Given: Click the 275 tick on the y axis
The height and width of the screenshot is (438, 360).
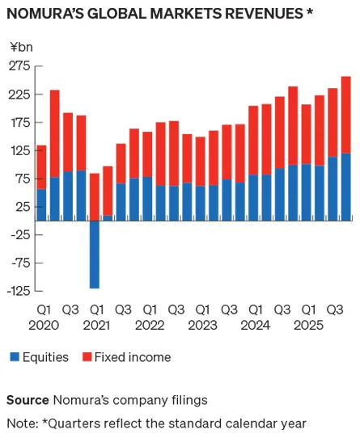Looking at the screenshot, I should pyautogui.click(x=20, y=65).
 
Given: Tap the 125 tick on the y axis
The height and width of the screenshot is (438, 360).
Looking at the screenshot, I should pyautogui.click(x=20, y=150).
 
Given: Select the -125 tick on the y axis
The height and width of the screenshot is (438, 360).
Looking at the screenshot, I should pyautogui.click(x=18, y=291).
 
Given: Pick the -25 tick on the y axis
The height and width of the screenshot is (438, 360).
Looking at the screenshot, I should pyautogui.click(x=19, y=234).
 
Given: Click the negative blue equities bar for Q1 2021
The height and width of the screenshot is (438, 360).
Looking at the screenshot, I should pyautogui.click(x=95, y=254).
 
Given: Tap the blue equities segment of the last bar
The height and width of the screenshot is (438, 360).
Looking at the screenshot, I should pyautogui.click(x=345, y=186).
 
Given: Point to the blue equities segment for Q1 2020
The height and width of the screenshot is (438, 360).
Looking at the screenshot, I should pyautogui.click(x=42, y=204).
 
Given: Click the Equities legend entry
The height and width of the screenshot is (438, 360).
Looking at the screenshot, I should pyautogui.click(x=39, y=357).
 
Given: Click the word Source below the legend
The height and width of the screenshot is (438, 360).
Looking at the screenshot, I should pyautogui.click(x=28, y=400).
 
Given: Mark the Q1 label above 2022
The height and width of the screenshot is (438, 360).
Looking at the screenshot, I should pyautogui.click(x=149, y=309).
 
